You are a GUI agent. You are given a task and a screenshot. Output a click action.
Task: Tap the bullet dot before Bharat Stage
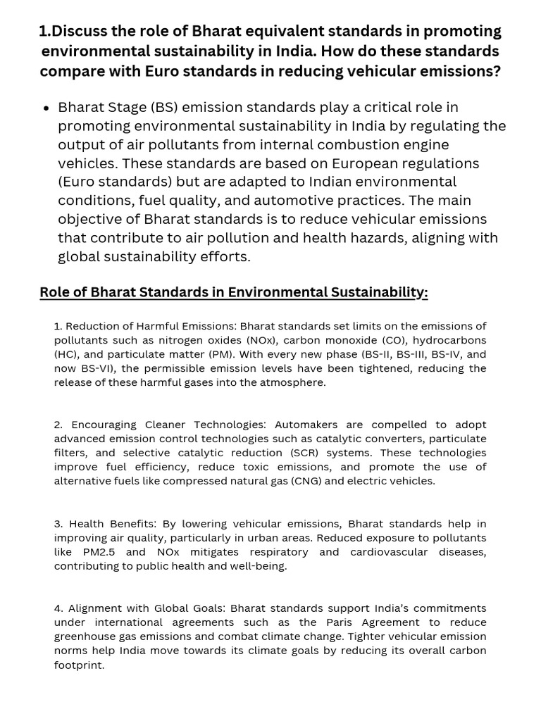tap(46, 108)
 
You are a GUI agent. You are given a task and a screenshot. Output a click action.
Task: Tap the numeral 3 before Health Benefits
tap(58, 524)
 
